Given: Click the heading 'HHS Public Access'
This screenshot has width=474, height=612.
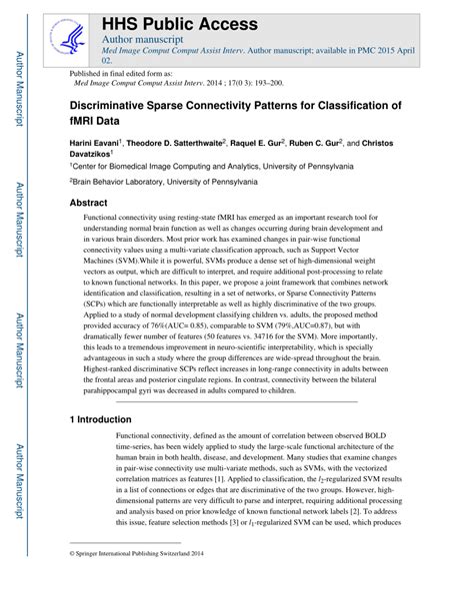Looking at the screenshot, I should tap(179, 23).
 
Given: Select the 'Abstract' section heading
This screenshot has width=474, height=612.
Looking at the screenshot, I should tap(88, 202).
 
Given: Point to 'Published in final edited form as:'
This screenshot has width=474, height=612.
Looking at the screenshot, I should tap(120, 74).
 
